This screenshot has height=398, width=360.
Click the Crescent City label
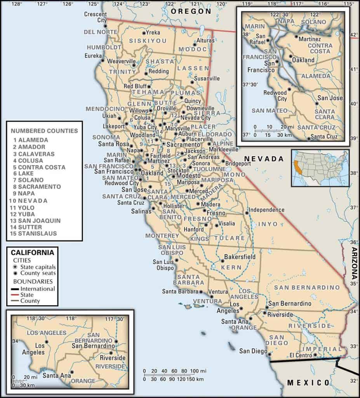96,17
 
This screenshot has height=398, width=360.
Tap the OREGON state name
191,11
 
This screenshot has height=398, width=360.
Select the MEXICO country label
308,383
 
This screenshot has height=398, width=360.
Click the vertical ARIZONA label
354,264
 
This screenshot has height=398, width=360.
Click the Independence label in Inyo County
266,210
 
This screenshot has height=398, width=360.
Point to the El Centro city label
301,355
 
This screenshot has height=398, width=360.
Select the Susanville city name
207,78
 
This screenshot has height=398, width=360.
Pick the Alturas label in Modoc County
205,40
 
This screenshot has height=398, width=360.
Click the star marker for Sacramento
163,144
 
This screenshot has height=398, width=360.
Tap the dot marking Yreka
144,33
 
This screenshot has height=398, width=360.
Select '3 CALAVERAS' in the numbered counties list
33,154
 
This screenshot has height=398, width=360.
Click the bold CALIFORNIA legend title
33,253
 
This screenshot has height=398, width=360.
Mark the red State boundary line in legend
15,295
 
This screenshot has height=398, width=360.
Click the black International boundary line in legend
15,289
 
